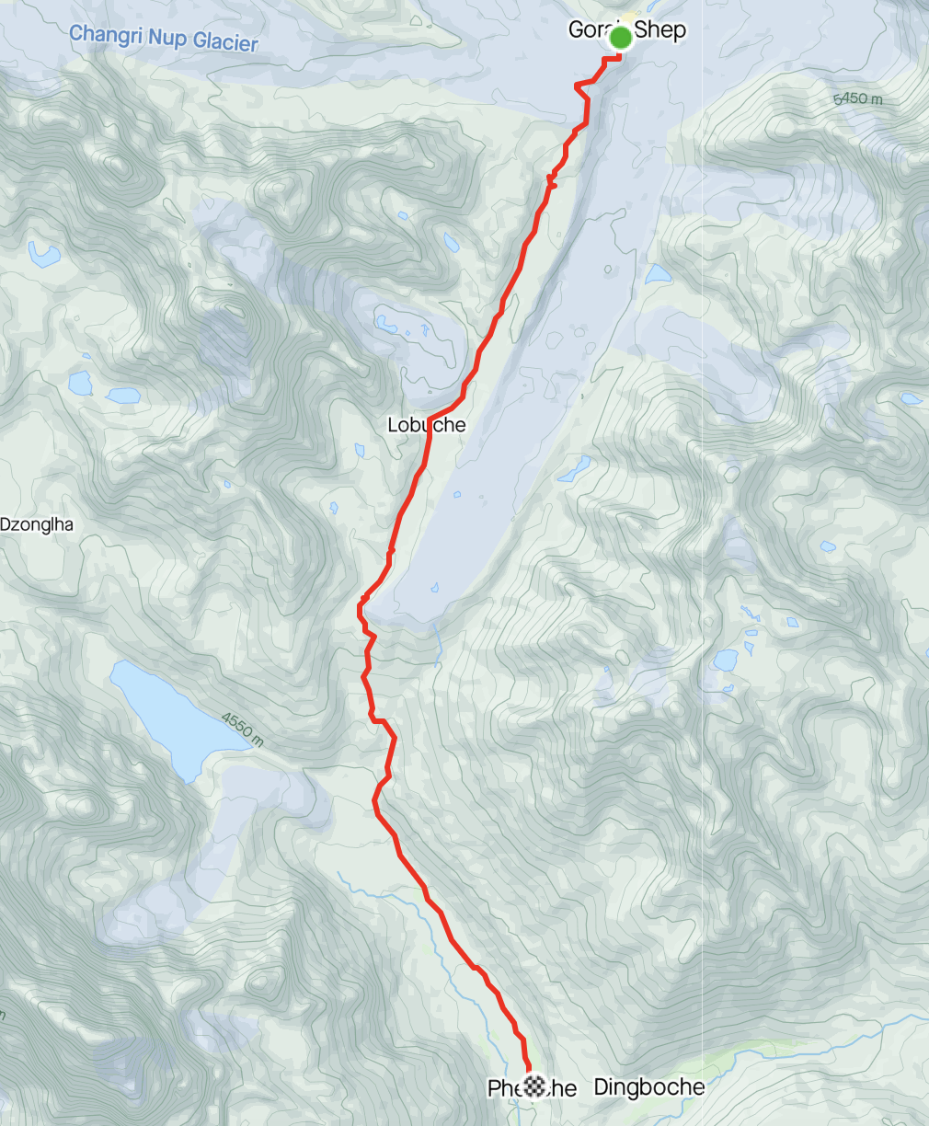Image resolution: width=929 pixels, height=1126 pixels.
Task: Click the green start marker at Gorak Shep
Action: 621,39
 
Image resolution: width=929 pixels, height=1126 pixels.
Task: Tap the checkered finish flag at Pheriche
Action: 533,1086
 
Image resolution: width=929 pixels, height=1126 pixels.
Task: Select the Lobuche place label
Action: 426,425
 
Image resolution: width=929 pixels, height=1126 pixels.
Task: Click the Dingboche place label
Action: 649,1087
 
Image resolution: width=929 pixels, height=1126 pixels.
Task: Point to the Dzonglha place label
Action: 37,525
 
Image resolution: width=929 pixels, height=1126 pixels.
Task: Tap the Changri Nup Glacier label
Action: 163,39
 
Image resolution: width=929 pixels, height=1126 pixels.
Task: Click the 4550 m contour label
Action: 242,730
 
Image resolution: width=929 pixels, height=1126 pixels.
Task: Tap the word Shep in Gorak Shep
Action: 660,29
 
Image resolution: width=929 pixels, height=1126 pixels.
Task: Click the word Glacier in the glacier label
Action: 225,42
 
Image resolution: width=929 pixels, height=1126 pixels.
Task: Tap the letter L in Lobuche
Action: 393,425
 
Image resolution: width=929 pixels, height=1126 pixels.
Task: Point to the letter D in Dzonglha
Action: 6,525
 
